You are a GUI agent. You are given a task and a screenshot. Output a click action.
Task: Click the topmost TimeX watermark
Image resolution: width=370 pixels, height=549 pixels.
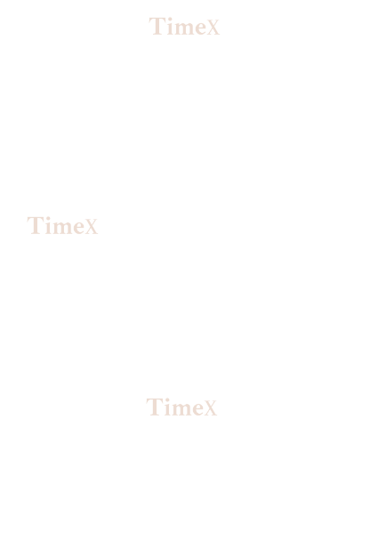[184, 27]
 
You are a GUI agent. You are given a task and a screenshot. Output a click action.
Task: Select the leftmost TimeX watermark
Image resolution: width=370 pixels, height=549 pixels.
[62, 225]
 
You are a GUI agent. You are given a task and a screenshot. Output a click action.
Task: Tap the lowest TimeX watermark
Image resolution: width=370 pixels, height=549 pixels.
[181, 407]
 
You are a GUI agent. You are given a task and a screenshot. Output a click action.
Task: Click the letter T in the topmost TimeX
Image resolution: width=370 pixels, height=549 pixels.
[157, 27]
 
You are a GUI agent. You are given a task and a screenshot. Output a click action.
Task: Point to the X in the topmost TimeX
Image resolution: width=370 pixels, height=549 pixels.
[213, 28]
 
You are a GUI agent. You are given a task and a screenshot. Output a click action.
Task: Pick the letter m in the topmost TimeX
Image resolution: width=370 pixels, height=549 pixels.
[183, 28]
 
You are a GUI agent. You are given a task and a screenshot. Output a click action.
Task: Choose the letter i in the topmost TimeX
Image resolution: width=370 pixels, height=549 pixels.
[169, 27]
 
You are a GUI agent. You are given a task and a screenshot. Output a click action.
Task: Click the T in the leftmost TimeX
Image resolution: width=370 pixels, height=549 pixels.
[35, 225]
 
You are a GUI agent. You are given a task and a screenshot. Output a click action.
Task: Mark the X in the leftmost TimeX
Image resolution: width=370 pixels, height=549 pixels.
[91, 227]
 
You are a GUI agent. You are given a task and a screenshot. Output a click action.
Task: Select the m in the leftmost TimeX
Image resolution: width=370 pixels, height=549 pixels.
[61, 228]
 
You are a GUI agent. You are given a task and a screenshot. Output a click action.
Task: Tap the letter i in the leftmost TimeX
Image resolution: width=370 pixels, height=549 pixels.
[47, 226]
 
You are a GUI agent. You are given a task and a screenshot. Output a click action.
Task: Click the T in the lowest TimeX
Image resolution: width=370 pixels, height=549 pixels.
[154, 407]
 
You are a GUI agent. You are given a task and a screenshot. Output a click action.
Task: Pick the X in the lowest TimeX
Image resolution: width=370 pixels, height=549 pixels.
[210, 408]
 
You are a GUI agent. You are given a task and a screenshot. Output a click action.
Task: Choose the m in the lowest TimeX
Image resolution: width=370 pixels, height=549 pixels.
[181, 409]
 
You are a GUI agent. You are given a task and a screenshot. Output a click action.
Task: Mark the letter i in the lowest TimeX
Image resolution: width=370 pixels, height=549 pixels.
[166, 408]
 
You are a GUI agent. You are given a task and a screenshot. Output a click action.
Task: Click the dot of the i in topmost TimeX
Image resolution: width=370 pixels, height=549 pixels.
[169, 19]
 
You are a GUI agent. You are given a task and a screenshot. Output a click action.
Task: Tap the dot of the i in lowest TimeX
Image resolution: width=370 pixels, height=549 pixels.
[166, 400]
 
